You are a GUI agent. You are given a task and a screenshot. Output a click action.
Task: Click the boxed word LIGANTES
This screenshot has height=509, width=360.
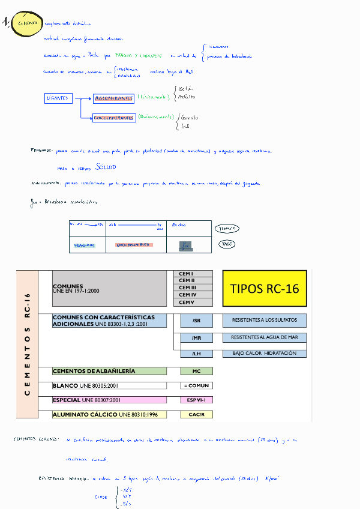pos(58,98)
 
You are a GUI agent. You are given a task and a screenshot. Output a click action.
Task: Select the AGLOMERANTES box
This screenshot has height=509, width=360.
pos(114,98)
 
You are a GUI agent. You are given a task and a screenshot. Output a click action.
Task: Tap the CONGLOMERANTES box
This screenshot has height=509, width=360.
pos(113,118)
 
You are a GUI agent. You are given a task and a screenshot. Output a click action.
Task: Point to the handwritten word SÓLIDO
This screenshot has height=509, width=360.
pos(104,168)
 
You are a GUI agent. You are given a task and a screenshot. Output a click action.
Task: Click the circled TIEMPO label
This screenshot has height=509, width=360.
pos(227,229)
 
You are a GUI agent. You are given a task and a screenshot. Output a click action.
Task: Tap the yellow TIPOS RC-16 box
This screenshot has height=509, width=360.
pos(265,288)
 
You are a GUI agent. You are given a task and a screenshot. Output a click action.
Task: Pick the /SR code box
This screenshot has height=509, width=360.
pos(197,321)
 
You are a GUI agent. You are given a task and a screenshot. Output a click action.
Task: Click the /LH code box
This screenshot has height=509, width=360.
pos(197,354)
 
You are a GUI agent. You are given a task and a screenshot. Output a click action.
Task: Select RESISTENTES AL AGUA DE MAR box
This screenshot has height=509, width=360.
pos(265,337)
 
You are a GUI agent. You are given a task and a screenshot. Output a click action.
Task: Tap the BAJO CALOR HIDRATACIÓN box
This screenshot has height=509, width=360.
pos(265,354)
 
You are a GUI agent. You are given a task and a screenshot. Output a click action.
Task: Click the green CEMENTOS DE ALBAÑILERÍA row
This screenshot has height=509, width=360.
pos(109,371)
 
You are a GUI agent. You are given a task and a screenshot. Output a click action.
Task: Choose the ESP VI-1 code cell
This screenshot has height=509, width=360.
pos(197,400)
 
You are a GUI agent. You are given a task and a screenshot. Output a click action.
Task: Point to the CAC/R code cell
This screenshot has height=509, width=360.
pos(197,415)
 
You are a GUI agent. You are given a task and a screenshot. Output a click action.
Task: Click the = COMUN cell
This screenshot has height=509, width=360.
pos(197,385)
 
